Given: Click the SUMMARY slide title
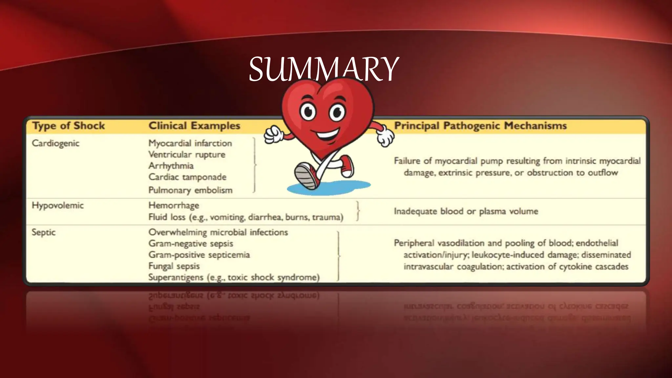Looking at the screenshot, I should point(324,70).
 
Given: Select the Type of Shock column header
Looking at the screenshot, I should point(68,126).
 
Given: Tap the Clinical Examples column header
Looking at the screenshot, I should point(194,126).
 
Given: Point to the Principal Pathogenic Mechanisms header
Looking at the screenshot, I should point(480,126).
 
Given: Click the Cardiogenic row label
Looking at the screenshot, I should point(55,143).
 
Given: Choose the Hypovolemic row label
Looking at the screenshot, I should point(58,205).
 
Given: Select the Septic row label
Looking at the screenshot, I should point(44,232).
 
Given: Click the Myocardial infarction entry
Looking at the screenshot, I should point(190,143).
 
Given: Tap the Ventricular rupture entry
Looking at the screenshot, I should point(187,155).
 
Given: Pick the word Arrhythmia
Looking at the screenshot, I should point(171,166).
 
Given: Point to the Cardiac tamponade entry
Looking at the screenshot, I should point(187,177).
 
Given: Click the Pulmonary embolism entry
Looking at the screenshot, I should point(190,190).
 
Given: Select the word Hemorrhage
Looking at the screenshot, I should point(174,205).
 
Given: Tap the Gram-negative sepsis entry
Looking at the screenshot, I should point(191,243).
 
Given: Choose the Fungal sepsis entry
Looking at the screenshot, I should point(174,266).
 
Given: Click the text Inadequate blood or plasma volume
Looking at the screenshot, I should point(466,211).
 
